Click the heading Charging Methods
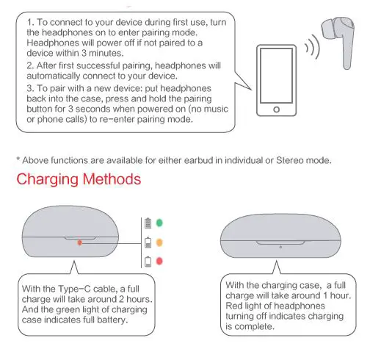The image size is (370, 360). tap(79, 179)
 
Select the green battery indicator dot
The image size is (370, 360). tap(159, 223)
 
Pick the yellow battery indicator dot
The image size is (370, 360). tap(159, 242)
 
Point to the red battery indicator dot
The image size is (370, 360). tap(159, 261)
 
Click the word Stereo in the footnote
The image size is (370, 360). tap(289, 160)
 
